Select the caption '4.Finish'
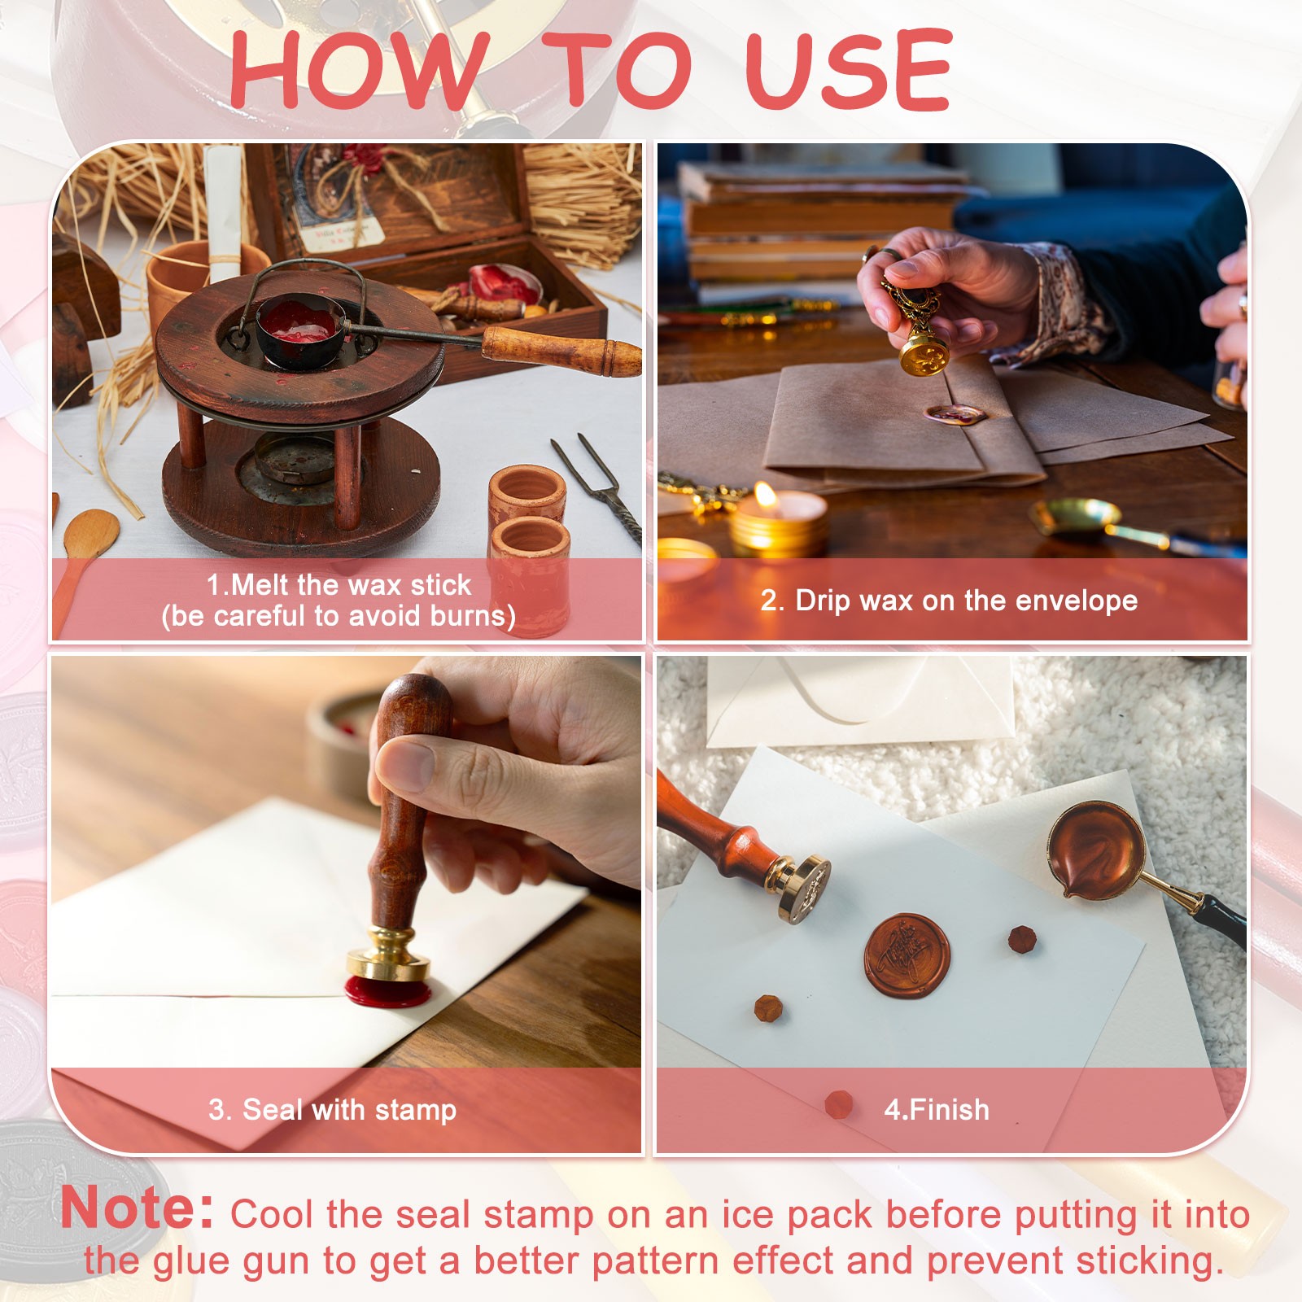937,1109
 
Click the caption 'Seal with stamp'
349,1109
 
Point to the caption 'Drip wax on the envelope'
966,601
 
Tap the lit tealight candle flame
765,495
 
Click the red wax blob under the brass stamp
387,990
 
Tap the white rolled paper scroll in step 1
223,213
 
